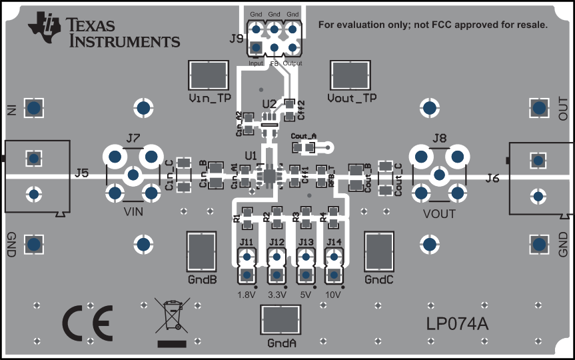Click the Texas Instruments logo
[x=104, y=31]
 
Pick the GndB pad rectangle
[x=203, y=252]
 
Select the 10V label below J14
[x=333, y=294]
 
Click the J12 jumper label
[x=277, y=242]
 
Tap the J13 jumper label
[x=306, y=242]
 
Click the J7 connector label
[x=133, y=139]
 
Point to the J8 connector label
[x=439, y=139]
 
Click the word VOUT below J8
[x=439, y=214]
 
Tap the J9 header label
[x=236, y=38]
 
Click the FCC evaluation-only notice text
[x=433, y=25]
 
